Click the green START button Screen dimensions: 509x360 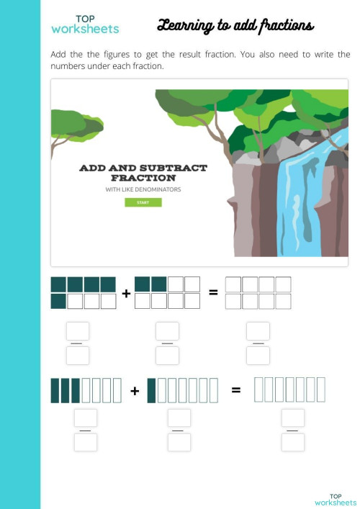pos(143,202)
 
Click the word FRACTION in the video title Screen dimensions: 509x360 pos(143,177)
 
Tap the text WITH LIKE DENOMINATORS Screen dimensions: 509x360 pos(143,190)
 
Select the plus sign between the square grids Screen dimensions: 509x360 pos(126,293)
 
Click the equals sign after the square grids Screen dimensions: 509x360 pos(213,292)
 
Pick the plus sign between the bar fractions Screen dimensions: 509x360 pos(135,391)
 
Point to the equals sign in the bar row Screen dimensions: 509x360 pos(236,390)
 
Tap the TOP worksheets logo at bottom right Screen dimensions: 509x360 pos(335,499)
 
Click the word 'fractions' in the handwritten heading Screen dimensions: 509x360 pos(286,27)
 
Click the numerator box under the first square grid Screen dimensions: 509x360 pos(78,331)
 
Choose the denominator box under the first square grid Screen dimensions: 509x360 pos(78,356)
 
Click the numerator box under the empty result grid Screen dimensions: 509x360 pos(258,331)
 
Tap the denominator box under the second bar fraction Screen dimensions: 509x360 pos(179,442)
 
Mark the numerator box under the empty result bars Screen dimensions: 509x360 pos(293,418)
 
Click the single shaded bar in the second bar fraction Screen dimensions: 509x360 pos(151,389)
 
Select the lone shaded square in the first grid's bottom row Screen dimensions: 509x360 pos(58,301)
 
